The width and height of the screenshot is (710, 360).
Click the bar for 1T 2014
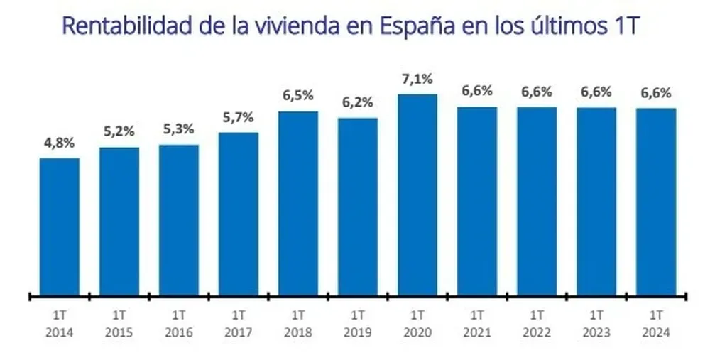(x=60, y=226)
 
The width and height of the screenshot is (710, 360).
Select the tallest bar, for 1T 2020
(x=417, y=194)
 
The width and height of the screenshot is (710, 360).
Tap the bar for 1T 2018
(x=298, y=202)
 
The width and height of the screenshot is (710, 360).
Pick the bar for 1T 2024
(x=656, y=201)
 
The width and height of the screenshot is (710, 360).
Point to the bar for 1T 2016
(x=179, y=219)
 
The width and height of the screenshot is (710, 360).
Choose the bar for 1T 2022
(x=537, y=200)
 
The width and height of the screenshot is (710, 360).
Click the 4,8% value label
(x=60, y=143)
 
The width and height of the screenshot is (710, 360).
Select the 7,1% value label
(x=417, y=80)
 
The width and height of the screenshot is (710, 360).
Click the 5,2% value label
(x=119, y=133)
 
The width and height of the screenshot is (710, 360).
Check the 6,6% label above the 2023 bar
(x=596, y=93)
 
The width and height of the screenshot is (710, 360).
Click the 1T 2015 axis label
(x=119, y=322)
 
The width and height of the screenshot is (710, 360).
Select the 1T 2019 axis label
(x=358, y=322)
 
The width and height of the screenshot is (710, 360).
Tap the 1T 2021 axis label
(x=477, y=322)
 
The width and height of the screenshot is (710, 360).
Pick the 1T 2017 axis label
(x=239, y=322)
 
